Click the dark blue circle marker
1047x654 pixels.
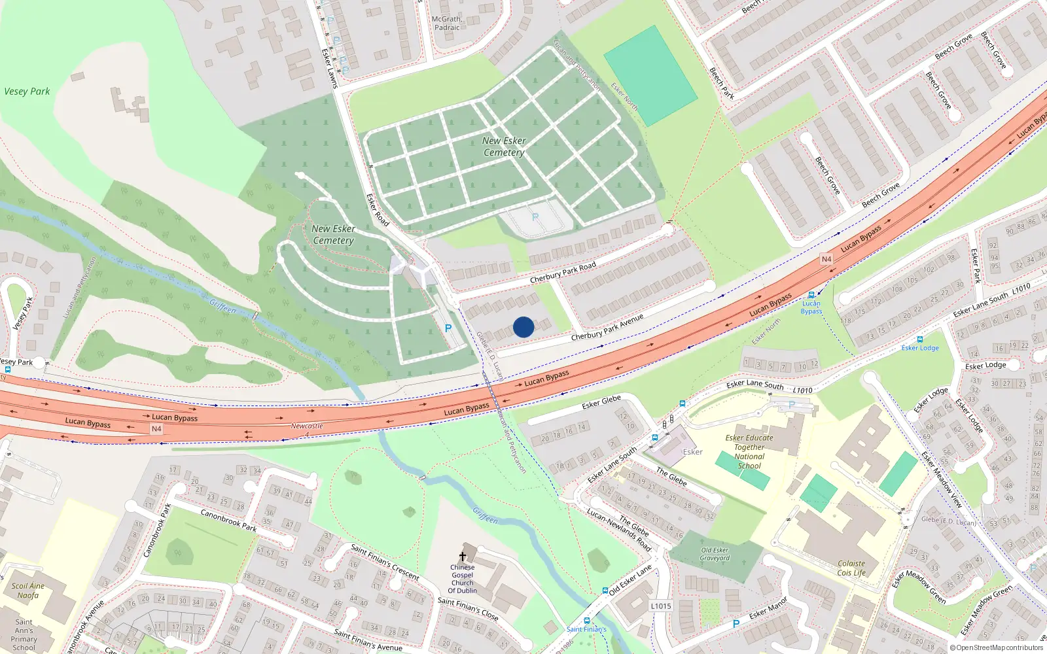pyautogui.click(x=523, y=327)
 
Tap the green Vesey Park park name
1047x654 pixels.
pyautogui.click(x=27, y=92)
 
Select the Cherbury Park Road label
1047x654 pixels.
pyautogui.click(x=563, y=273)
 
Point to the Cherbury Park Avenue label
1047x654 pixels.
pyautogui.click(x=607, y=327)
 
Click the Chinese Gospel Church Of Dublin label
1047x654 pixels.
pyautogui.click(x=462, y=579)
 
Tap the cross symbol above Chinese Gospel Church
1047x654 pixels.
pyautogui.click(x=463, y=557)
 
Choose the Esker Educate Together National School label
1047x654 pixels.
pyautogui.click(x=749, y=452)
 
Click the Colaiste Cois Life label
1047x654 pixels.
pyautogui.click(x=851, y=568)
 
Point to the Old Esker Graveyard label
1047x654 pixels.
pyautogui.click(x=715, y=554)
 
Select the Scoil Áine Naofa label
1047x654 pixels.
pyautogui.click(x=28, y=591)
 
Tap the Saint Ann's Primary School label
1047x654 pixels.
pyautogui.click(x=24, y=634)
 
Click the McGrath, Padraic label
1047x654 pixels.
pyautogui.click(x=447, y=24)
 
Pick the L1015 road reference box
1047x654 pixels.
pyautogui.click(x=661, y=606)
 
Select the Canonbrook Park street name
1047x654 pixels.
pyautogui.click(x=228, y=520)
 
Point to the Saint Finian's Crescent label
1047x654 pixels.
pyautogui.click(x=385, y=562)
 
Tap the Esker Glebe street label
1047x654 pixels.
pyautogui.click(x=601, y=402)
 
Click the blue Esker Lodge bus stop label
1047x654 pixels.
pyautogui.click(x=920, y=348)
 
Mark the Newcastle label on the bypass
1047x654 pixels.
pyautogui.click(x=307, y=426)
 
